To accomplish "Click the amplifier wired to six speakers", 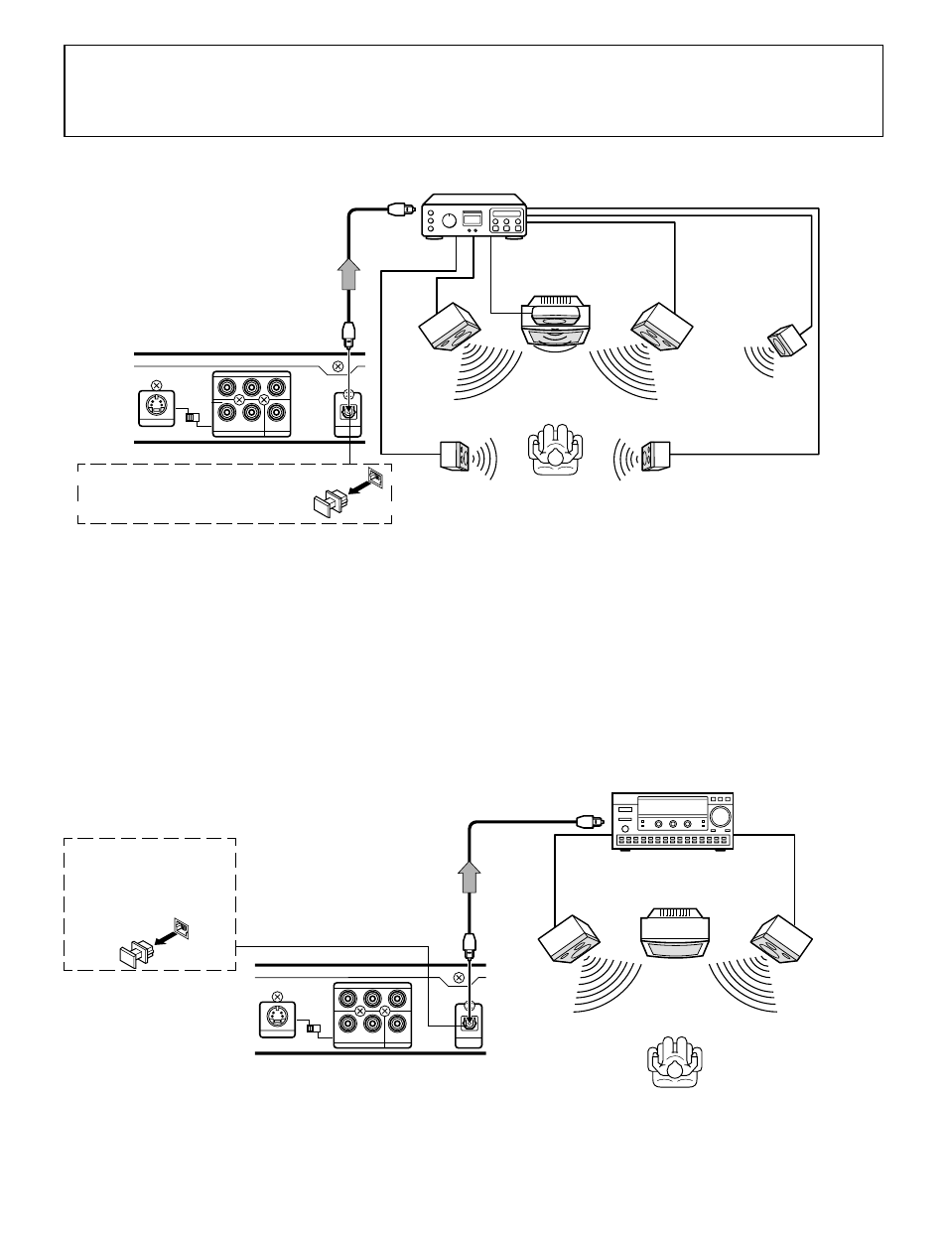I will pyautogui.click(x=473, y=219).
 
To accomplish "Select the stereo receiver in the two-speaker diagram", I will pyautogui.click(x=672, y=820).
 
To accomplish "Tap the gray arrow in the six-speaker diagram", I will pyautogui.click(x=348, y=272).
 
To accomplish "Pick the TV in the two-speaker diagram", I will pyautogui.click(x=675, y=934).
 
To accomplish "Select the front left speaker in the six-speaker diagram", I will pyautogui.click(x=450, y=326).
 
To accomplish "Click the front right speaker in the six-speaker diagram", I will pyautogui.click(x=661, y=326).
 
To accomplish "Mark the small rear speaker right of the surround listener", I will pyautogui.click(x=657, y=456).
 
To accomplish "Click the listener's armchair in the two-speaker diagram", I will pyautogui.click(x=675, y=1064).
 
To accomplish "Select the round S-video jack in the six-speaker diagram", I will pyautogui.click(x=157, y=406).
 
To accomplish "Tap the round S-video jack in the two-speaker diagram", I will pyautogui.click(x=277, y=1020).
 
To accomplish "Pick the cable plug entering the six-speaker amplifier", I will pyautogui.click(x=396, y=209).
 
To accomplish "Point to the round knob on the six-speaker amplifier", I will pyautogui.click(x=449, y=220).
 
